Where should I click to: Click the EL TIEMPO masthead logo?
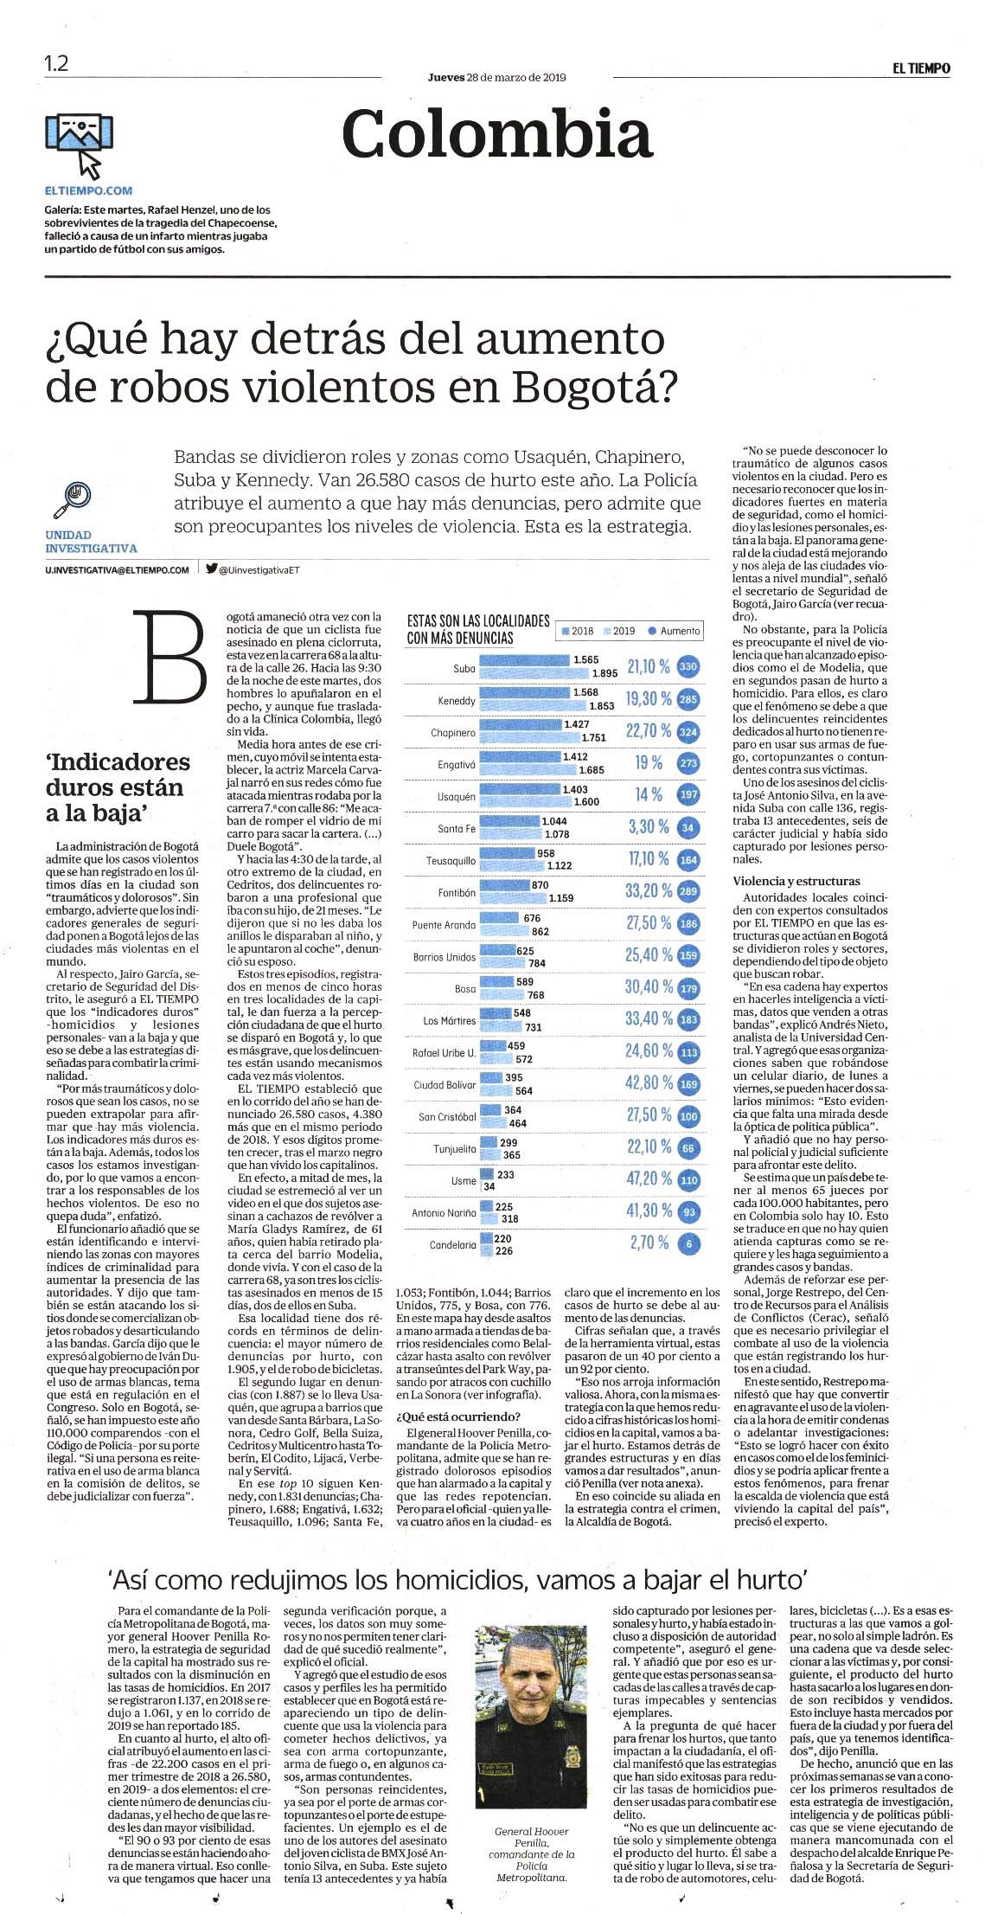922,68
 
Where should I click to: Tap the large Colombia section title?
497,134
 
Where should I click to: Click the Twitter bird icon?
212,568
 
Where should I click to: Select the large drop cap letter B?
170,657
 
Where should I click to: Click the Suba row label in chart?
464,669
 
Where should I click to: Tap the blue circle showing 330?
688,667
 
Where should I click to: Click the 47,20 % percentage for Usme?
649,1179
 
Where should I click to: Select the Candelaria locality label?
453,1245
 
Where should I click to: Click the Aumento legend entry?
675,631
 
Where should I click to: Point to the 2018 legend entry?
577,631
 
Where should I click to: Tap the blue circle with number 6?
688,1243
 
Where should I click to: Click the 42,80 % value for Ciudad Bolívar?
649,1082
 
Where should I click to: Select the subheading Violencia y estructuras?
796,881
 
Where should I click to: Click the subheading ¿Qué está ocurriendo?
458,1416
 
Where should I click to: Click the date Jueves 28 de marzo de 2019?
497,77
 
